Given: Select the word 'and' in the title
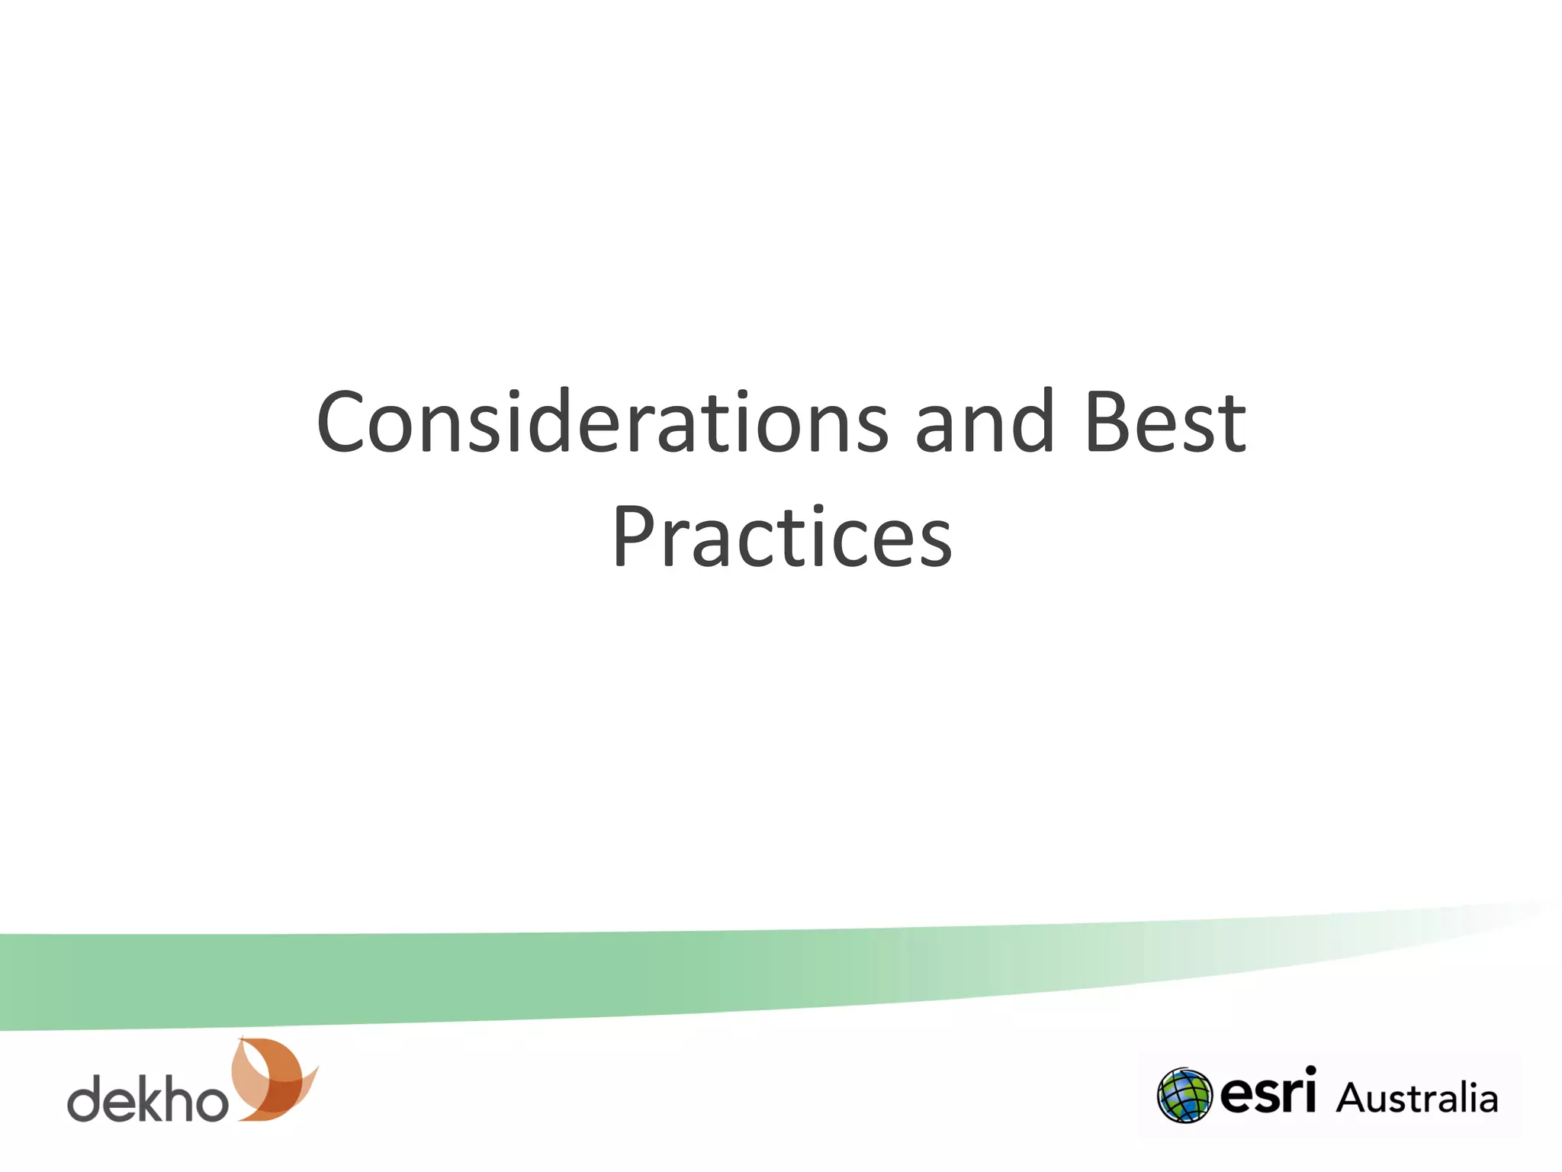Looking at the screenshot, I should pyautogui.click(x=984, y=423).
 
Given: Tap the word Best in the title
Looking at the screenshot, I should pyautogui.click(x=1165, y=423).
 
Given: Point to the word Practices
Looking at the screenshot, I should pyautogui.click(x=782, y=538).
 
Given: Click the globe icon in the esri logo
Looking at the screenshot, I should pyautogui.click(x=1184, y=1096).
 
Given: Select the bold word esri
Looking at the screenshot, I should pyautogui.click(x=1268, y=1093).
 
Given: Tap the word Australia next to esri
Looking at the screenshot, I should pyautogui.click(x=1417, y=1099).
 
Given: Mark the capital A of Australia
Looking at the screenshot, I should pyautogui.click(x=1351, y=1099).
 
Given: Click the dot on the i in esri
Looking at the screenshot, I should pyautogui.click(x=1310, y=1071).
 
